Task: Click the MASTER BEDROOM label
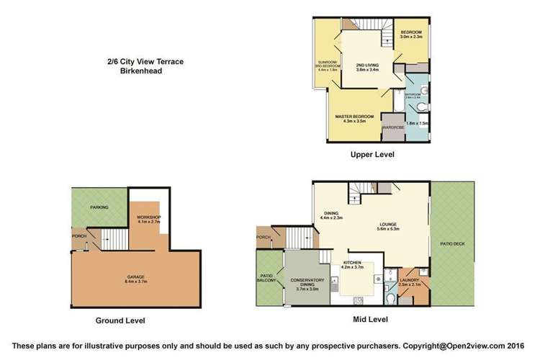pyautogui.click(x=354, y=117)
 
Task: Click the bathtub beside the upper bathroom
pyautogui.click(x=395, y=107)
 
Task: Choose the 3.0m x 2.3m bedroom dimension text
pyautogui.click(x=411, y=37)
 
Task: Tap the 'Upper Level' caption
pyautogui.click(x=372, y=155)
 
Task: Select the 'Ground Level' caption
pyautogui.click(x=121, y=320)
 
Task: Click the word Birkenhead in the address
pyautogui.click(x=140, y=71)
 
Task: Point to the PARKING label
pyautogui.click(x=99, y=207)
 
